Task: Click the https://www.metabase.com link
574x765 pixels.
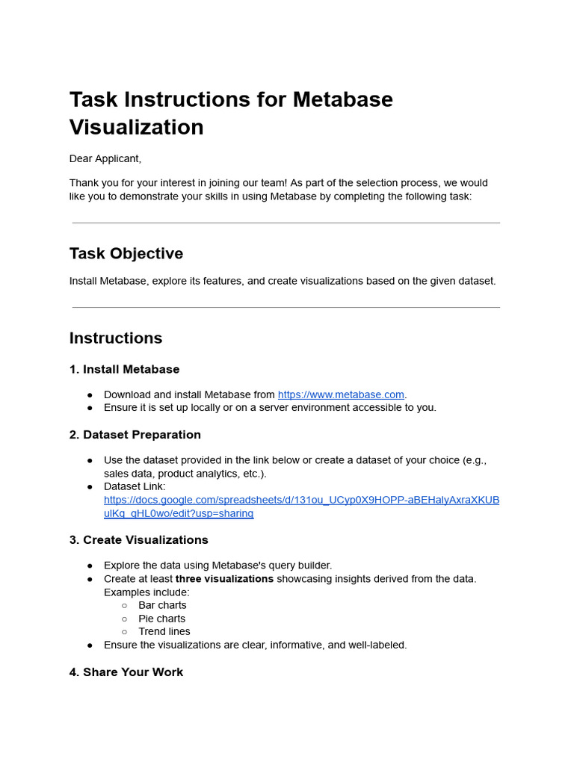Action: (341, 394)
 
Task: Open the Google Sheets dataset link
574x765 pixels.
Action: (301, 500)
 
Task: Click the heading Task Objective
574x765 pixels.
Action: (126, 253)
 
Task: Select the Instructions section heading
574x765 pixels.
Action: (116, 338)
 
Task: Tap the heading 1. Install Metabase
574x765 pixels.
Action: (124, 369)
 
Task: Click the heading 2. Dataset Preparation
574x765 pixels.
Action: (135, 435)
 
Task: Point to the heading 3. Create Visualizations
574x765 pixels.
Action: (138, 539)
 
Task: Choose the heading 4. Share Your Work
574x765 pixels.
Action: (126, 672)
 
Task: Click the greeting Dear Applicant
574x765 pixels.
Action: (105, 158)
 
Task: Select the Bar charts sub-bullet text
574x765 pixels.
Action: (162, 605)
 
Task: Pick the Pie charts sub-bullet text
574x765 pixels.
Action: (161, 619)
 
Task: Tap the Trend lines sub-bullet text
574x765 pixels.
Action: (164, 631)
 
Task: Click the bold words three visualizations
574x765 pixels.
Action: (224, 579)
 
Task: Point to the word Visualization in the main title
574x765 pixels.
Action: (137, 127)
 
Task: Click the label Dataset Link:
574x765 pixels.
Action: (135, 486)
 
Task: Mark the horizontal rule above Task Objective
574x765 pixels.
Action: (286, 223)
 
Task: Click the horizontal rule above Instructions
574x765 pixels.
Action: (286, 307)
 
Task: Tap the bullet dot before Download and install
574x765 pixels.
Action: (90, 395)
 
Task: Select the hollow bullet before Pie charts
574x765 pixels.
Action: (125, 619)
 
